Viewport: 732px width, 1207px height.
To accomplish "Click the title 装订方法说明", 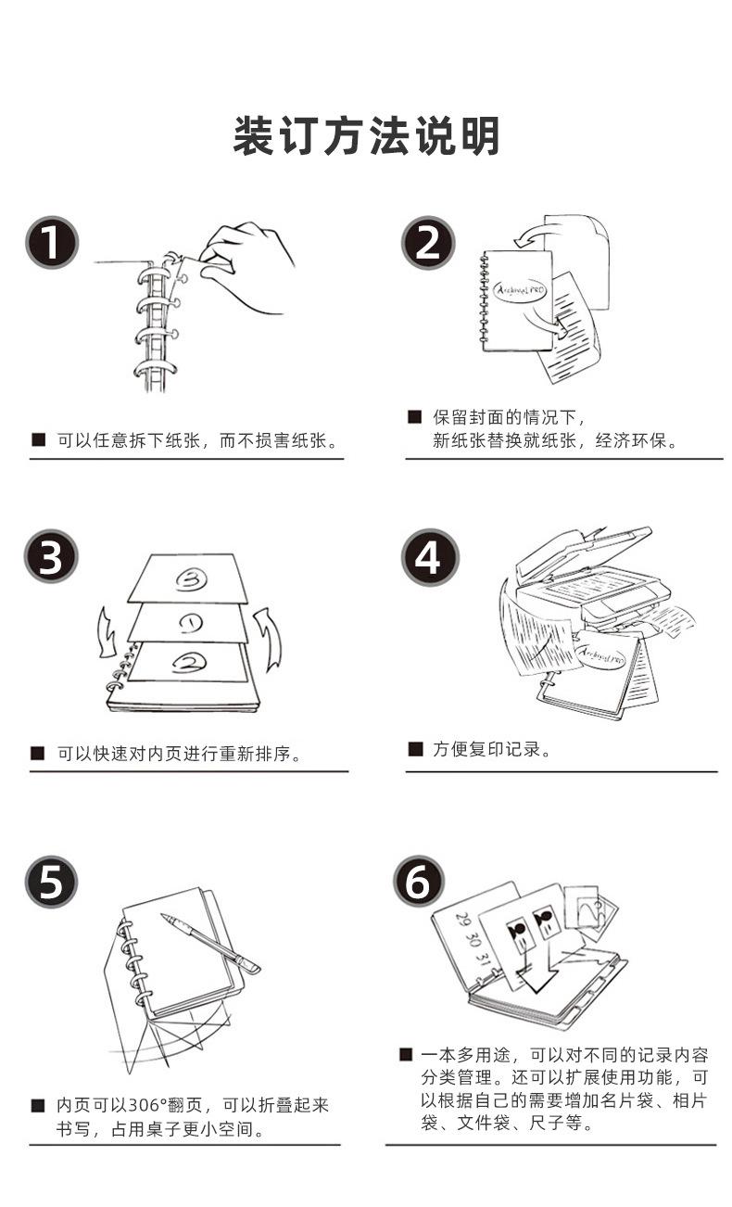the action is pyautogui.click(x=366, y=136).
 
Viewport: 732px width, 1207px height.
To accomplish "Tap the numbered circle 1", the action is pyautogui.click(x=51, y=242).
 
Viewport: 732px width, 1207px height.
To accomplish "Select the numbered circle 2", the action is pyautogui.click(x=428, y=242).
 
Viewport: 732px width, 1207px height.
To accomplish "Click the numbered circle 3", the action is pyautogui.click(x=51, y=556).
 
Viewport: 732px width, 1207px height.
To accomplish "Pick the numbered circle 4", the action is pyautogui.click(x=429, y=556).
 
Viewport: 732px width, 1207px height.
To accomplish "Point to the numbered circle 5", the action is pyautogui.click(x=51, y=881).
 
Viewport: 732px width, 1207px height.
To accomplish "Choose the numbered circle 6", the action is pyautogui.click(x=419, y=881).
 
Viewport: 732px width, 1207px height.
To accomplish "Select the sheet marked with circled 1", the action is pyautogui.click(x=190, y=621).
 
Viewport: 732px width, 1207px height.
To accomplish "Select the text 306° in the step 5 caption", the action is pyautogui.click(x=140, y=1105).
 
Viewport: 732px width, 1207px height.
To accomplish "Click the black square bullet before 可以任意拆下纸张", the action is pyautogui.click(x=38, y=439).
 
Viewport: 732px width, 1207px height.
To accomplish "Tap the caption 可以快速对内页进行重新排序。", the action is pyautogui.click(x=179, y=754).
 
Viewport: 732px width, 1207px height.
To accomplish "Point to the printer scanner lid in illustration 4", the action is pyautogui.click(x=584, y=551).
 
